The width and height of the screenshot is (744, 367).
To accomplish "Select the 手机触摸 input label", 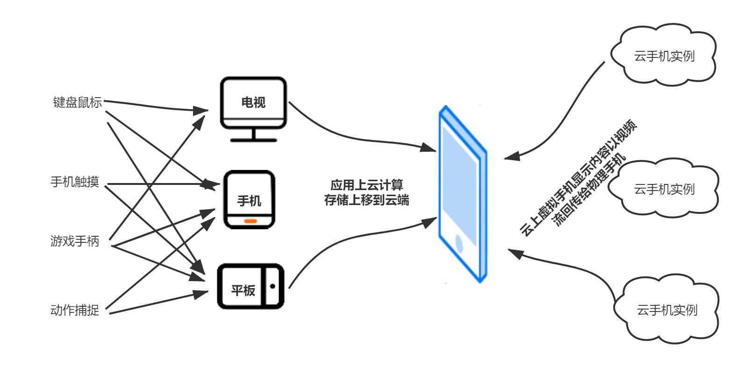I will pos(75,182).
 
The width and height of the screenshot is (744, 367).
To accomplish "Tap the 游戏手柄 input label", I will pos(75,241).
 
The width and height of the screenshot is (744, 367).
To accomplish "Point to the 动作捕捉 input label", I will pos(75,310).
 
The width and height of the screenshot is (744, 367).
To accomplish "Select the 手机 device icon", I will pos(250,199).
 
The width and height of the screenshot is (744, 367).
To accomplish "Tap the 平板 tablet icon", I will pos(250,287).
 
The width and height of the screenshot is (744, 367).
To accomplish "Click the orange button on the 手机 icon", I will pos(250,221).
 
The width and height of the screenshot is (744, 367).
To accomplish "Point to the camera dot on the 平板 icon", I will pos(273,286).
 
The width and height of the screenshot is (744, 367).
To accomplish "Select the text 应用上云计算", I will pos(366,185).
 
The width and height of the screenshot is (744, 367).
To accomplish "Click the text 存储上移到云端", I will pos(366,200).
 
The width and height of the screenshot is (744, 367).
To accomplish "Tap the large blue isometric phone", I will pos(462,194).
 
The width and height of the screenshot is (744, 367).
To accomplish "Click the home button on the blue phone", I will pos(460,244).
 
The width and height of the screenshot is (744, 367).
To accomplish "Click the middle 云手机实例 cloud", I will pos(664,189).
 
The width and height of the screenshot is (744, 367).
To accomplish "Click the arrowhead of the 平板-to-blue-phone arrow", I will pos(429,222).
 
